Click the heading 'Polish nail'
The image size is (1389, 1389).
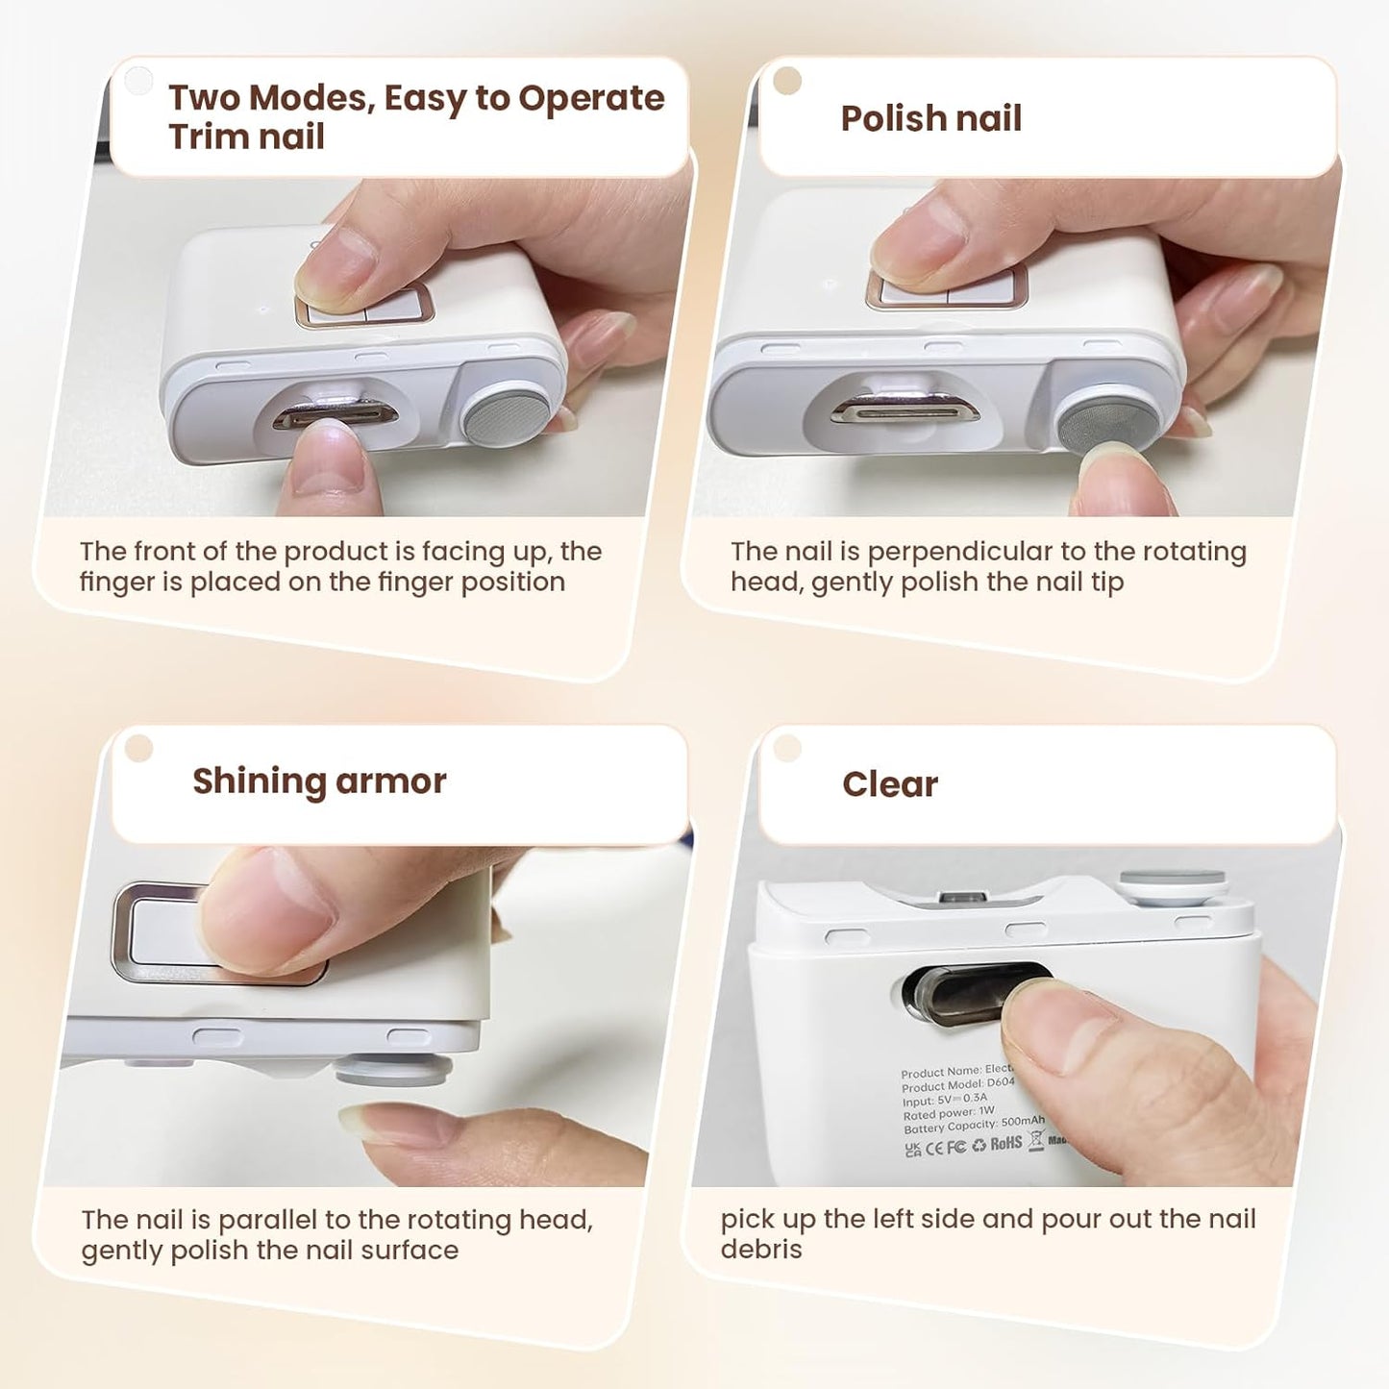(930, 118)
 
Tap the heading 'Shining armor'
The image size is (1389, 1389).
(319, 781)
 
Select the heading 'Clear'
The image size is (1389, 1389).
(889, 784)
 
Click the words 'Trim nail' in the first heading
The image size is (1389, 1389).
(246, 137)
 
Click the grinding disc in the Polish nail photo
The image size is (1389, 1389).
(1107, 420)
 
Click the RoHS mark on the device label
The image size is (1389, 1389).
(1005, 1144)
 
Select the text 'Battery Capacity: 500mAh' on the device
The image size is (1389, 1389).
(973, 1125)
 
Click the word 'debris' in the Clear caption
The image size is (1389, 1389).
(760, 1250)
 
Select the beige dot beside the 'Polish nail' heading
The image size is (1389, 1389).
(787, 81)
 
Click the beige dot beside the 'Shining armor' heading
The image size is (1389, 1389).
(139, 748)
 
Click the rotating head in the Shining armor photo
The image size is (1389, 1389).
(393, 1069)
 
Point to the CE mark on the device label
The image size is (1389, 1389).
(934, 1148)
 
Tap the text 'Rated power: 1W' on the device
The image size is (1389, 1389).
(948, 1113)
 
